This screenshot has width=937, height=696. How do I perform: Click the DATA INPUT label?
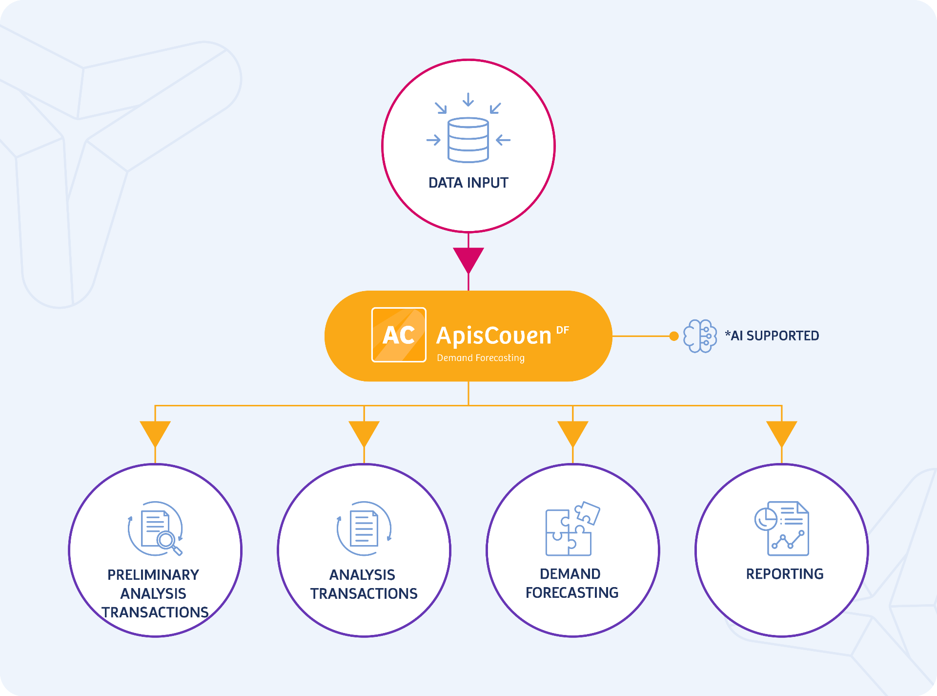click(x=468, y=183)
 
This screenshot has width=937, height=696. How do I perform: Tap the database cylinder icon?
click(x=468, y=140)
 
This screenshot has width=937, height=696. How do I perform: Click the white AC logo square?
click(x=399, y=335)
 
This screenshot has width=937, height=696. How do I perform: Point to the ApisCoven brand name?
click(x=493, y=336)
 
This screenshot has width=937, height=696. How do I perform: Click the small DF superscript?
click(x=563, y=330)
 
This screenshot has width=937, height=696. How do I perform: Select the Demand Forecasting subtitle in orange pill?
click(x=481, y=358)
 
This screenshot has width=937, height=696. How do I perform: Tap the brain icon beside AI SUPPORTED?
click(x=700, y=336)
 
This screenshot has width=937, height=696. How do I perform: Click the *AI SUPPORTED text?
click(x=772, y=336)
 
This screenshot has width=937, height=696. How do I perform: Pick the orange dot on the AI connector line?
click(x=674, y=336)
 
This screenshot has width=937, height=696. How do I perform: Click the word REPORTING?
click(x=785, y=574)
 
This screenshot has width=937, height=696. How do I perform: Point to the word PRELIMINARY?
click(x=153, y=575)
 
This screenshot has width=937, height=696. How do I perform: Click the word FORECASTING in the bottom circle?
click(x=572, y=593)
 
